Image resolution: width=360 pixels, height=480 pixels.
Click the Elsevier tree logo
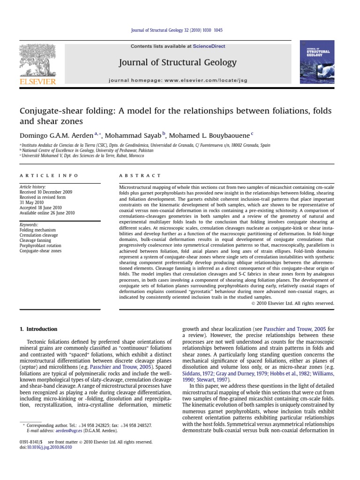(x=37, y=60)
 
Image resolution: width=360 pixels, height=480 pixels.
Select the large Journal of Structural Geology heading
(x=178, y=62)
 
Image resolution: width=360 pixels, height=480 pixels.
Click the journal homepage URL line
(x=178, y=81)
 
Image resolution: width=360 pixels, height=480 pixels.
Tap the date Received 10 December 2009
(x=46, y=192)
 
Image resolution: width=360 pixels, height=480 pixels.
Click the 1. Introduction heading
(x=38, y=329)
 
